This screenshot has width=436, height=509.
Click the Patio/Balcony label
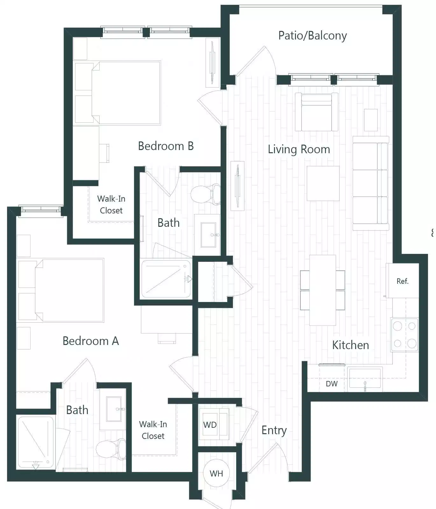pos(312,35)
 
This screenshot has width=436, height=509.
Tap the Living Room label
pos(299,149)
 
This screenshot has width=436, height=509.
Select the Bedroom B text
pos(165,146)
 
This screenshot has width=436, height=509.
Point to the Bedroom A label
pos(91,341)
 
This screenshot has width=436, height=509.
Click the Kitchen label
pos(350,345)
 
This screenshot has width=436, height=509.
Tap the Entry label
pos(274,430)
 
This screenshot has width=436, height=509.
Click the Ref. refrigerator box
pos(402,281)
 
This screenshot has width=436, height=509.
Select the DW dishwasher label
pos(331,384)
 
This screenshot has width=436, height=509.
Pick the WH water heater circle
pos(216,473)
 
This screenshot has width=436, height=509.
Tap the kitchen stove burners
pos(404,335)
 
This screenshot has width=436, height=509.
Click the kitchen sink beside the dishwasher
pos(365,379)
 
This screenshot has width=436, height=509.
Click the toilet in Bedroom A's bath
pos(111,449)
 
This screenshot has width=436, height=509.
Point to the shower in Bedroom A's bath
pos(36,442)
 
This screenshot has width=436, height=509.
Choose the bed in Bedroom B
pos(126,93)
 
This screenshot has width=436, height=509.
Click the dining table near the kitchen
pos(322,290)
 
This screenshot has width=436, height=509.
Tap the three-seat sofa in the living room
pos(370,183)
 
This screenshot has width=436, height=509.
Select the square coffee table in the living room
pos(323,183)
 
